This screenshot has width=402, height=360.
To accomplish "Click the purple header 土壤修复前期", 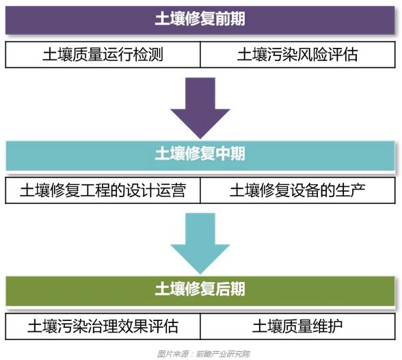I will pos(200,19).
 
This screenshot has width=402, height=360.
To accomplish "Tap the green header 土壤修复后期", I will pos(200,288).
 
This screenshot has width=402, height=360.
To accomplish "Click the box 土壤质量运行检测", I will pos(103,55).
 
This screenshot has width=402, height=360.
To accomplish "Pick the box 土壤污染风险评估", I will pos(297,55).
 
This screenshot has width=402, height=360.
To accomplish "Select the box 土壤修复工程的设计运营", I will pos(103,190).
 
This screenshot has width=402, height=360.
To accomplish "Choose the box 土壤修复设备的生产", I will pos(297,190).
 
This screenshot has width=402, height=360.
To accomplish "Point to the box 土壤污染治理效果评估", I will pos(103,324).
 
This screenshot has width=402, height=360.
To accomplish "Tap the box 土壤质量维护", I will pos(297,324).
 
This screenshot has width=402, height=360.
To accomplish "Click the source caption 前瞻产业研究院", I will pos(223,353).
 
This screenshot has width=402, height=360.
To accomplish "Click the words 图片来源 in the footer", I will pos(170,353).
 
